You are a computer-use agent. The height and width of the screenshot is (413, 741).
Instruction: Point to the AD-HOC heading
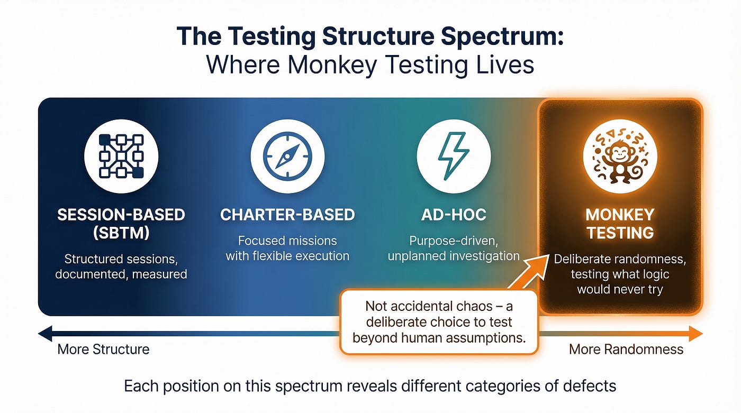pyautogui.click(x=454, y=215)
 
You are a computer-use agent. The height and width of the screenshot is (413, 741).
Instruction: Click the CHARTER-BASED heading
pyautogui.click(x=287, y=215)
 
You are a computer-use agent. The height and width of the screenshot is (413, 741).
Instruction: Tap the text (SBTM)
pyautogui.click(x=121, y=233)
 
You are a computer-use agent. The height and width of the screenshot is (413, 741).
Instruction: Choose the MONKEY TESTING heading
pyautogui.click(x=620, y=224)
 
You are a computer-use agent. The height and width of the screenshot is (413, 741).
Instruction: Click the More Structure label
pyautogui.click(x=103, y=350)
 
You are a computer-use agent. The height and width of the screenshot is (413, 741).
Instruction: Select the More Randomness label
pyautogui.click(x=626, y=350)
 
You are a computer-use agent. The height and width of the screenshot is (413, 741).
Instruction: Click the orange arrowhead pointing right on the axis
pyautogui.click(x=695, y=334)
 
